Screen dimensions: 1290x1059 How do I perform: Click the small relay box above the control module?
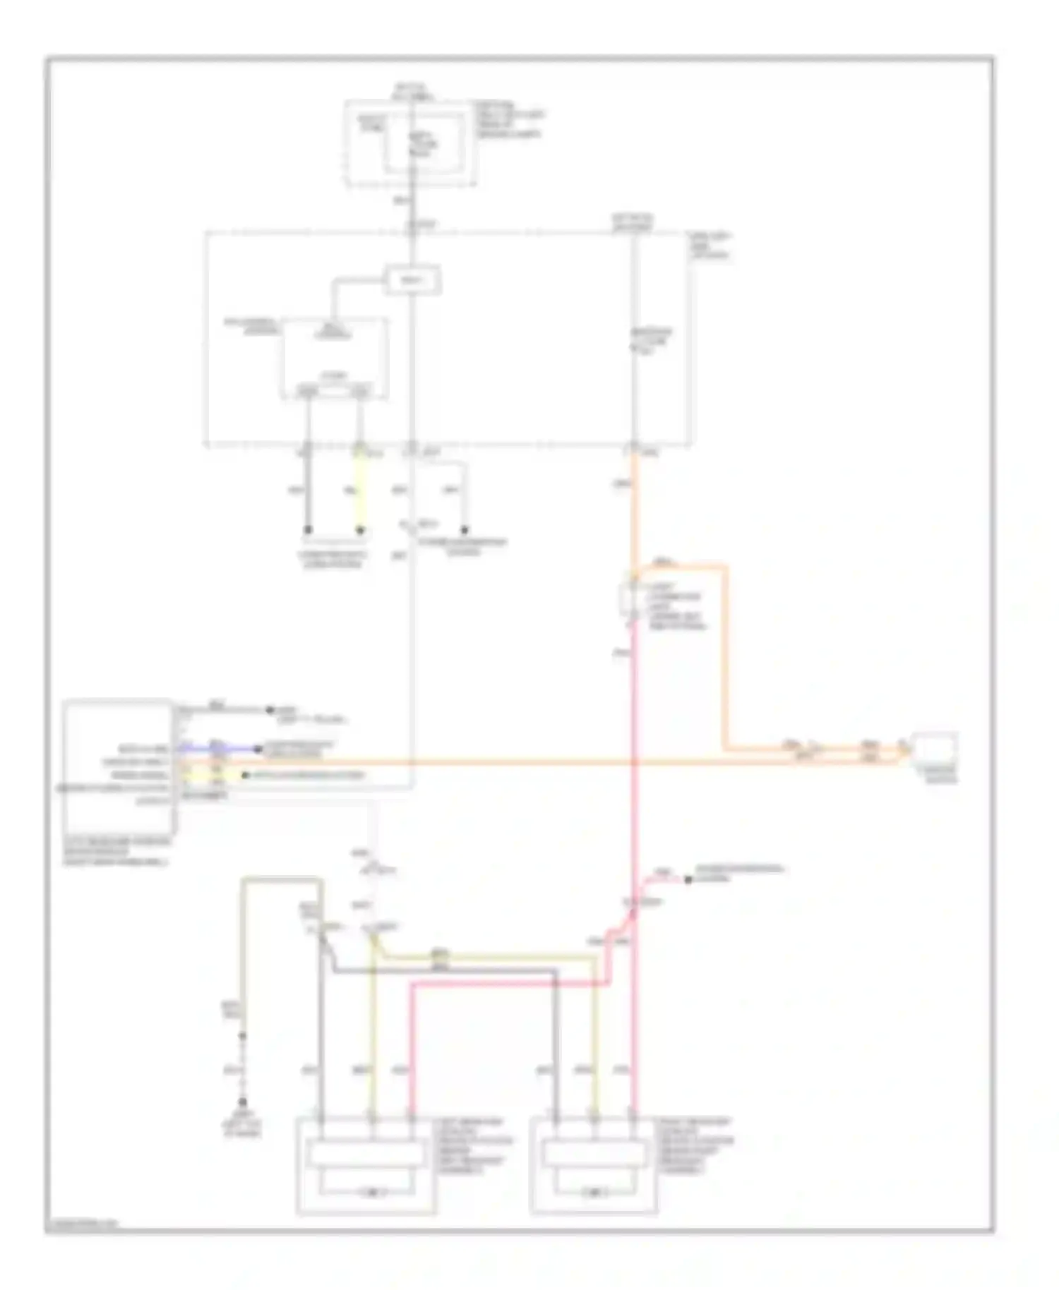click(412, 281)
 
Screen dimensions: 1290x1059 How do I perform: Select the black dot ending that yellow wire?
click(360, 530)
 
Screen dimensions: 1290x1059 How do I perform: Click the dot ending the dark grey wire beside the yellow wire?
click(308, 530)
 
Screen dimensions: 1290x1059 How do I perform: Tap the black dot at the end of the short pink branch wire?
click(688, 879)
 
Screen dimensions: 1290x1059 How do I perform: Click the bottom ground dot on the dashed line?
click(243, 1101)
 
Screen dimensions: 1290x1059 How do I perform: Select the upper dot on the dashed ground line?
click(243, 1036)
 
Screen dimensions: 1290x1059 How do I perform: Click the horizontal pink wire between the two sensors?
click(508, 985)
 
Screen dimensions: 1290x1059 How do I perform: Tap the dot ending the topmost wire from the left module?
click(268, 710)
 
